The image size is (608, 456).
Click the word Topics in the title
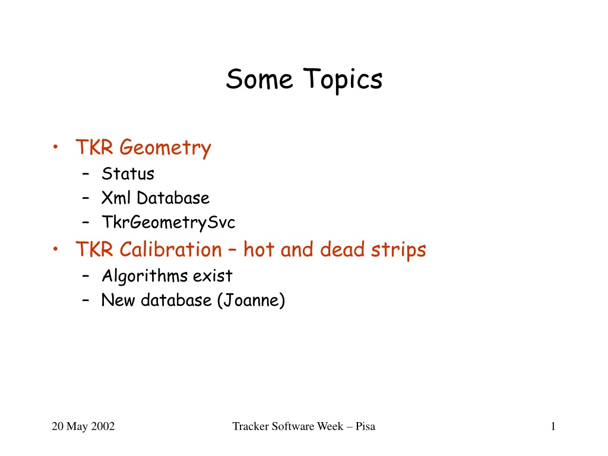(343, 80)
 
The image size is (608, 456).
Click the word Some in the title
(259, 79)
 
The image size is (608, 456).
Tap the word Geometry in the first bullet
(165, 148)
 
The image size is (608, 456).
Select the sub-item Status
(128, 174)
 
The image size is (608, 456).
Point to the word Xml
(116, 198)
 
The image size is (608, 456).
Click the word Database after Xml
(173, 198)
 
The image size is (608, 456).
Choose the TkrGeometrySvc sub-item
(168, 223)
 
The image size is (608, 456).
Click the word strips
(398, 250)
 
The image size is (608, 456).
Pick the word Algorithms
(145, 277)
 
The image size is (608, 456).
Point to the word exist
(213, 275)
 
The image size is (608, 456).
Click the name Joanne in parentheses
(251, 300)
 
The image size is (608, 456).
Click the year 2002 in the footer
(103, 426)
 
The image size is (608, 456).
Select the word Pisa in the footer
(365, 426)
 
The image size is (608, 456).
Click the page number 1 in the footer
(553, 426)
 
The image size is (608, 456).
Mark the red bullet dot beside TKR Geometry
(55, 147)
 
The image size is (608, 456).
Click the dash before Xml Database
(85, 198)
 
